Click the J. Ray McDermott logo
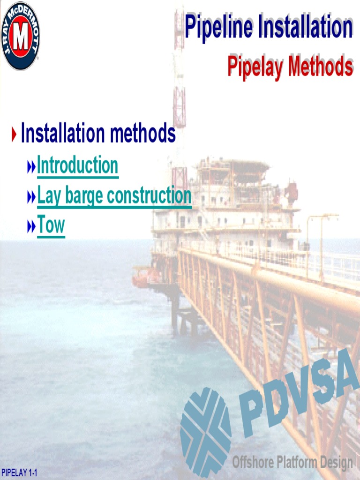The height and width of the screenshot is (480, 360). point(21,36)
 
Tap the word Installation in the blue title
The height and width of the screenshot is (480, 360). point(310,27)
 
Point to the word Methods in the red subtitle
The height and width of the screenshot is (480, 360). point(321,67)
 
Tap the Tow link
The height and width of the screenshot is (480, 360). point(51,225)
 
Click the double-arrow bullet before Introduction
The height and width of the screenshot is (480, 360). point(31,166)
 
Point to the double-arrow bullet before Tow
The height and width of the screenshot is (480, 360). point(31,227)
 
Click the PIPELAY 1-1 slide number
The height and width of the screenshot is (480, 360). point(19,472)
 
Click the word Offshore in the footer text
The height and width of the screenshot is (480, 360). point(252,462)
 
